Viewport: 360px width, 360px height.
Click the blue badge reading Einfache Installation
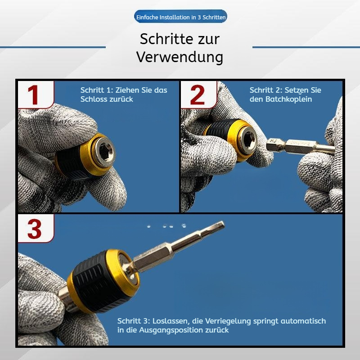click(x=180, y=17)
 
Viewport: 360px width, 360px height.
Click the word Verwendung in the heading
click(x=180, y=57)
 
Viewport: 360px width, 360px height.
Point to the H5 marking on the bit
click(x=271, y=144)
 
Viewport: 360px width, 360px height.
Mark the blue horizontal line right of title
click(x=306, y=47)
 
